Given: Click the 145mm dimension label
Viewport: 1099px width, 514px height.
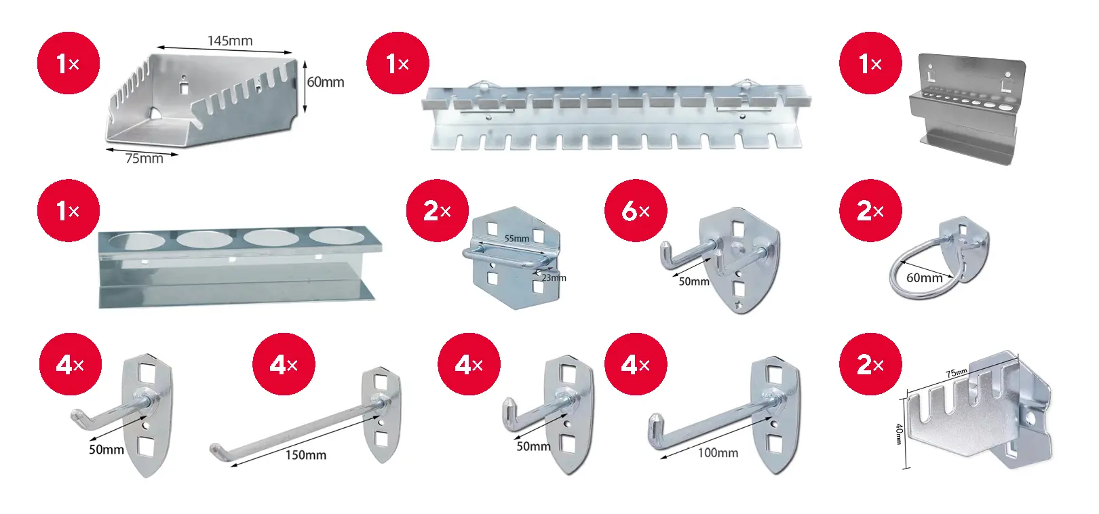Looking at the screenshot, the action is click(x=230, y=41).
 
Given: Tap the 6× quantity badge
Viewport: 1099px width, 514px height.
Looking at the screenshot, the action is click(x=636, y=211).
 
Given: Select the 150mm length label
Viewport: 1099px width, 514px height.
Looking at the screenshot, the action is click(x=305, y=455).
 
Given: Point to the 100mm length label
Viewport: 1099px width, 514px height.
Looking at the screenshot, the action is click(x=718, y=453).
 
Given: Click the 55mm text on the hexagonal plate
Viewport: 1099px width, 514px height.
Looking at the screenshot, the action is click(x=516, y=239).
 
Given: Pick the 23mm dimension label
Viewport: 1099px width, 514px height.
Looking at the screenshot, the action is click(x=554, y=278).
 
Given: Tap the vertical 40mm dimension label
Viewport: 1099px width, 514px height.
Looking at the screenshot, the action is click(x=899, y=434).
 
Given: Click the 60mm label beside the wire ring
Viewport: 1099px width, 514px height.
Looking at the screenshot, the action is click(x=925, y=278).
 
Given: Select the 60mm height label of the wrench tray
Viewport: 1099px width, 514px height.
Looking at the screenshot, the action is click(x=326, y=82).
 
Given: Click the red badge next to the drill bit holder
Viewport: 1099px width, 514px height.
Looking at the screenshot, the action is click(x=870, y=63).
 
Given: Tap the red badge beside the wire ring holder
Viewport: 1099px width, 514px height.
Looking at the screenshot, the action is click(x=870, y=211).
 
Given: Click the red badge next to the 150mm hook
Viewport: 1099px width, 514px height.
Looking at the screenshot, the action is click(x=284, y=364).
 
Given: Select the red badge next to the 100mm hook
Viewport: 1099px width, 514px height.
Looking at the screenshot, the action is click(x=636, y=364).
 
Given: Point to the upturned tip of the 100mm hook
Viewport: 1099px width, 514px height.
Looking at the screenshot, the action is click(x=653, y=422).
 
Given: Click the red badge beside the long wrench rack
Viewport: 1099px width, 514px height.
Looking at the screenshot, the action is click(x=398, y=63).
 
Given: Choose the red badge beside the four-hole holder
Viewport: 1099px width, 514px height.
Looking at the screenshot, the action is click(x=69, y=211).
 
